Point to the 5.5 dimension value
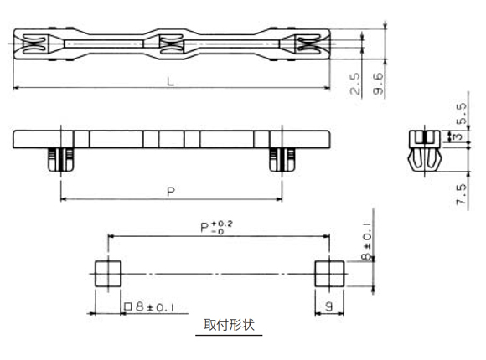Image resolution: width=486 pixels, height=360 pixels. click(x=459, y=111)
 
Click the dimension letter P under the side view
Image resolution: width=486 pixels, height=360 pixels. click(x=170, y=192)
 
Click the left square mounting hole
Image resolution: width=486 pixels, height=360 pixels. click(x=107, y=274)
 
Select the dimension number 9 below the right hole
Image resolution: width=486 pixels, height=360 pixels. click(x=328, y=307)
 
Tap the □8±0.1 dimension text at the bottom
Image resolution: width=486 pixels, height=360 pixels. click(x=149, y=307)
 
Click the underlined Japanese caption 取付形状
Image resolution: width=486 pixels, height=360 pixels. click(x=228, y=326)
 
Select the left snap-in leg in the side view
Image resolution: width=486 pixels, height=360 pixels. click(x=59, y=159)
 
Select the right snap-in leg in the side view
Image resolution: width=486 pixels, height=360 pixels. click(x=279, y=159)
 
